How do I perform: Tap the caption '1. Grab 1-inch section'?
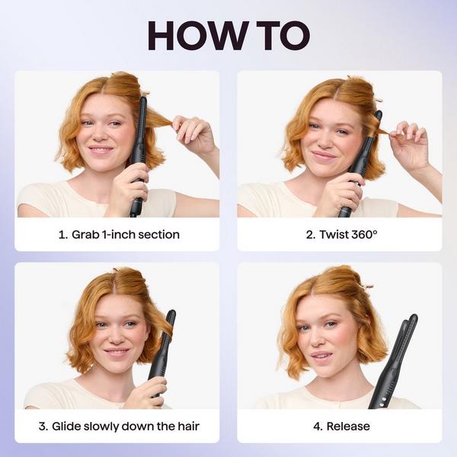[119, 235]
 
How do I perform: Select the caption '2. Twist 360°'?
[341, 235]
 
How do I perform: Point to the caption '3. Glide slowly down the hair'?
[118, 426]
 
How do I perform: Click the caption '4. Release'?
[341, 426]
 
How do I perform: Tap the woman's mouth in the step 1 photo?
[101, 149]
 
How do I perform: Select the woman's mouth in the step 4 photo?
[321, 355]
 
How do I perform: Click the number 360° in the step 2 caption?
[361, 235]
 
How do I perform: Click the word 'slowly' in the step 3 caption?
[111, 426]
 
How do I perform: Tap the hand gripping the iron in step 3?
[146, 392]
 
